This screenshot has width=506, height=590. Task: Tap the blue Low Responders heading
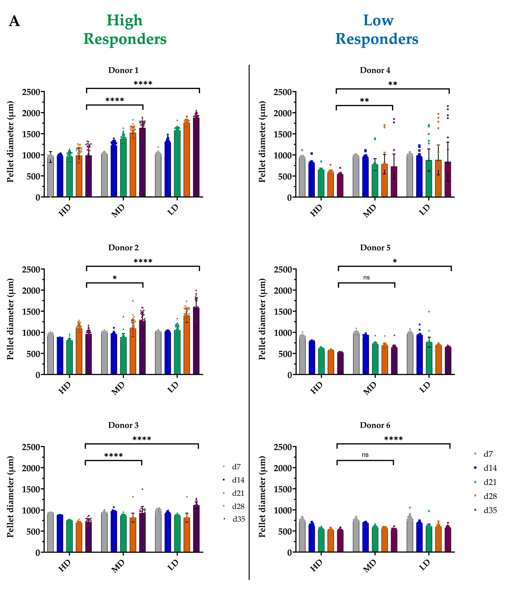pos(377,30)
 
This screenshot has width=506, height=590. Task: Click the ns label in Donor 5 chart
pos(366,277)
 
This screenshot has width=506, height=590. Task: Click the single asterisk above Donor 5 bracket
pos(395,261)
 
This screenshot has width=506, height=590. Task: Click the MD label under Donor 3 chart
pos(118,566)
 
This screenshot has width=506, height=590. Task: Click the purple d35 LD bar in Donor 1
pos(196,159)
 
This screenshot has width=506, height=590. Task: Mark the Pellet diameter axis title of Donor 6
pos(262,496)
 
